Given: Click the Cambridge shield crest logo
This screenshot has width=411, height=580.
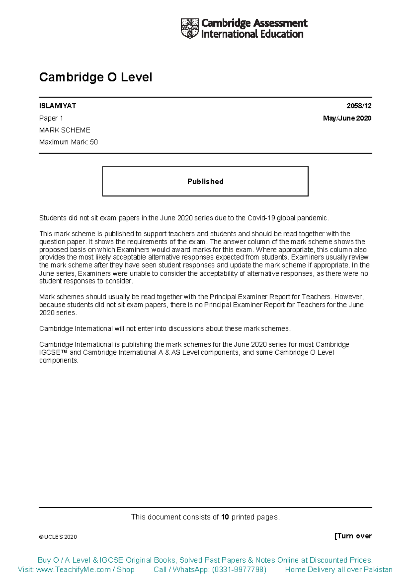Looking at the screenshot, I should (x=189, y=28).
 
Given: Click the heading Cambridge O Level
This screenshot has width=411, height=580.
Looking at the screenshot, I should (x=96, y=77).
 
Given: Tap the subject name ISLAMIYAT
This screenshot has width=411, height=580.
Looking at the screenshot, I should (x=58, y=106).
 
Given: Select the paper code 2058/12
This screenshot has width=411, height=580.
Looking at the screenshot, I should (x=359, y=106).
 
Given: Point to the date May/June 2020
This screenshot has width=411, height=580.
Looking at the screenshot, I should (x=347, y=118).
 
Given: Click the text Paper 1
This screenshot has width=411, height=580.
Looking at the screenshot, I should (x=51, y=118).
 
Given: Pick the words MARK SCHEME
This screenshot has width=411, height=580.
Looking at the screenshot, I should (x=65, y=130).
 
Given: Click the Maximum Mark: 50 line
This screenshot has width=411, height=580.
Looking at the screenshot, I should (x=68, y=142).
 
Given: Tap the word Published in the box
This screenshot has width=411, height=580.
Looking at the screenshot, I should (x=205, y=182).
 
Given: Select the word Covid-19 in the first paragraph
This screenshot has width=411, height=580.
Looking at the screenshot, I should (x=261, y=218).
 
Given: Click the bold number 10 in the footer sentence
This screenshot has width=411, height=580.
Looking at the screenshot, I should (x=225, y=517).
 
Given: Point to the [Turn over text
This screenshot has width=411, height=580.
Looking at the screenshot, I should (x=353, y=536).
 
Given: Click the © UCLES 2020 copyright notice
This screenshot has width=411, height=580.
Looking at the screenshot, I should (x=58, y=537).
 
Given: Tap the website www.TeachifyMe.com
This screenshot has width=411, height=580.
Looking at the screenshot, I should (x=73, y=570).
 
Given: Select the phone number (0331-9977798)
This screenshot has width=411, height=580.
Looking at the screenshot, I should (x=239, y=570).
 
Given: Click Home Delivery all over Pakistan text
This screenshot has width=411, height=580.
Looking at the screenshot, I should (x=338, y=570).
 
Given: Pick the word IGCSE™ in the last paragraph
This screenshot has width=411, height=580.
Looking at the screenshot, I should (x=53, y=353).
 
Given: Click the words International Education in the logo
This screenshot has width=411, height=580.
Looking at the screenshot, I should (x=252, y=34).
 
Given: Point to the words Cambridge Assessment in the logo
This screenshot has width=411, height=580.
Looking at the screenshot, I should (x=254, y=23).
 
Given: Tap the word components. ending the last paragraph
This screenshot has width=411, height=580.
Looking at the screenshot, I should (x=59, y=360).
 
